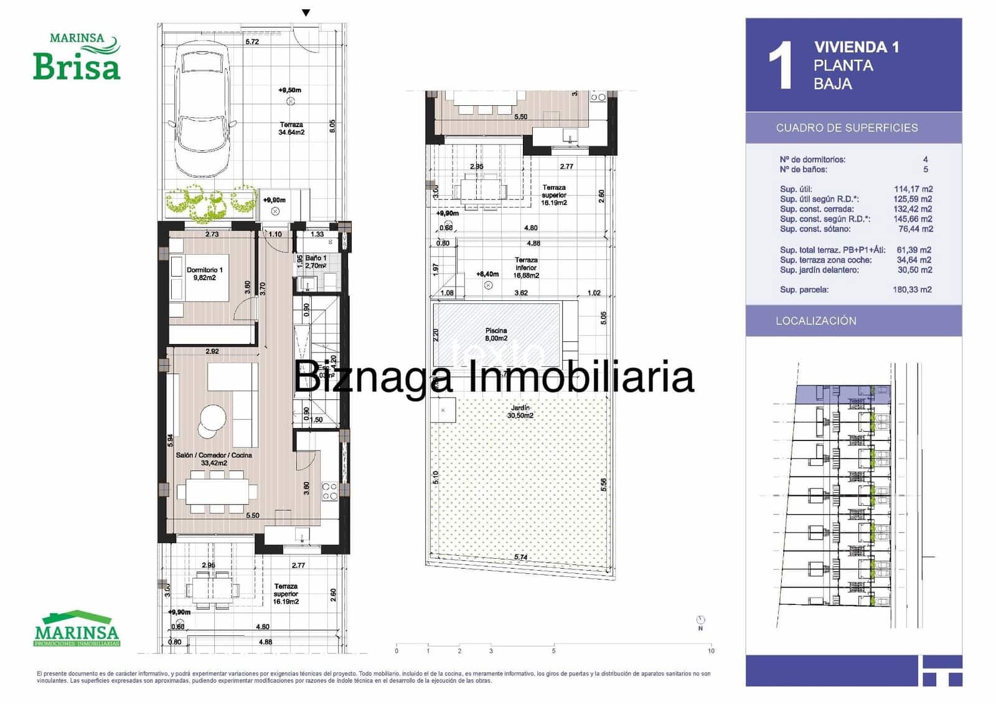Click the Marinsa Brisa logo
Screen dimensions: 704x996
coord(77,57)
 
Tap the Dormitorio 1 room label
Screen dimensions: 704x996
coord(204,274)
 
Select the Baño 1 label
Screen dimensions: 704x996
coord(316,262)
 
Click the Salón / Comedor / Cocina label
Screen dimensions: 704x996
coord(214,459)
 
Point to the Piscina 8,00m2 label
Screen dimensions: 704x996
coord(496,335)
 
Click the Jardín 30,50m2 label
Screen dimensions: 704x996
coord(520,411)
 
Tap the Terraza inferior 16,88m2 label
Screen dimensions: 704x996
coord(526,267)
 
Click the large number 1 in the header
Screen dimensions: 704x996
coord(780,66)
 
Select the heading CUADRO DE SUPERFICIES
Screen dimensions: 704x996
coord(847,128)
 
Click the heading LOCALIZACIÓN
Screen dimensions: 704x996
coord(815,321)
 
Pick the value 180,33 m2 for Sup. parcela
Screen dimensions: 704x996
coord(912,290)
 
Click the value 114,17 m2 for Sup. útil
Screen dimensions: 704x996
coord(913,189)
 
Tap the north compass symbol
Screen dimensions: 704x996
coord(701,621)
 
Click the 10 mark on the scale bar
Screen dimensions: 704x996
coord(711,650)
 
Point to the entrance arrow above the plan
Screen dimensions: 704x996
coord(306,12)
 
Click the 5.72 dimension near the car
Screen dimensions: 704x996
coord(252,42)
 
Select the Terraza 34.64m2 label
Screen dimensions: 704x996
coord(291,128)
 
